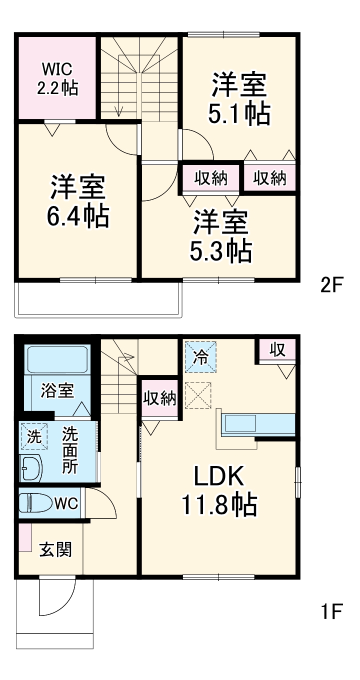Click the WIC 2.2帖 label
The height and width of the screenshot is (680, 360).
57,78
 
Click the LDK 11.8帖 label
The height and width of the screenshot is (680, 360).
218,490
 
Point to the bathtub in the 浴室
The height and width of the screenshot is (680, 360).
57,359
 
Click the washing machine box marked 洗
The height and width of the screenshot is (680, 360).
33,436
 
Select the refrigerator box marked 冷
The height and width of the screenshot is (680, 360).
201,357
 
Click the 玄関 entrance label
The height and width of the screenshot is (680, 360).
55,550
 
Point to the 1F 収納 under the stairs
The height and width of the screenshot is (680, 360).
159,398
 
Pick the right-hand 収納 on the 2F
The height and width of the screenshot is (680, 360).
269,178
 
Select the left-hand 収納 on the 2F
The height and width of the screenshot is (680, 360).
211,178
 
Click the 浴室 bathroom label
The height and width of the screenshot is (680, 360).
57,390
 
